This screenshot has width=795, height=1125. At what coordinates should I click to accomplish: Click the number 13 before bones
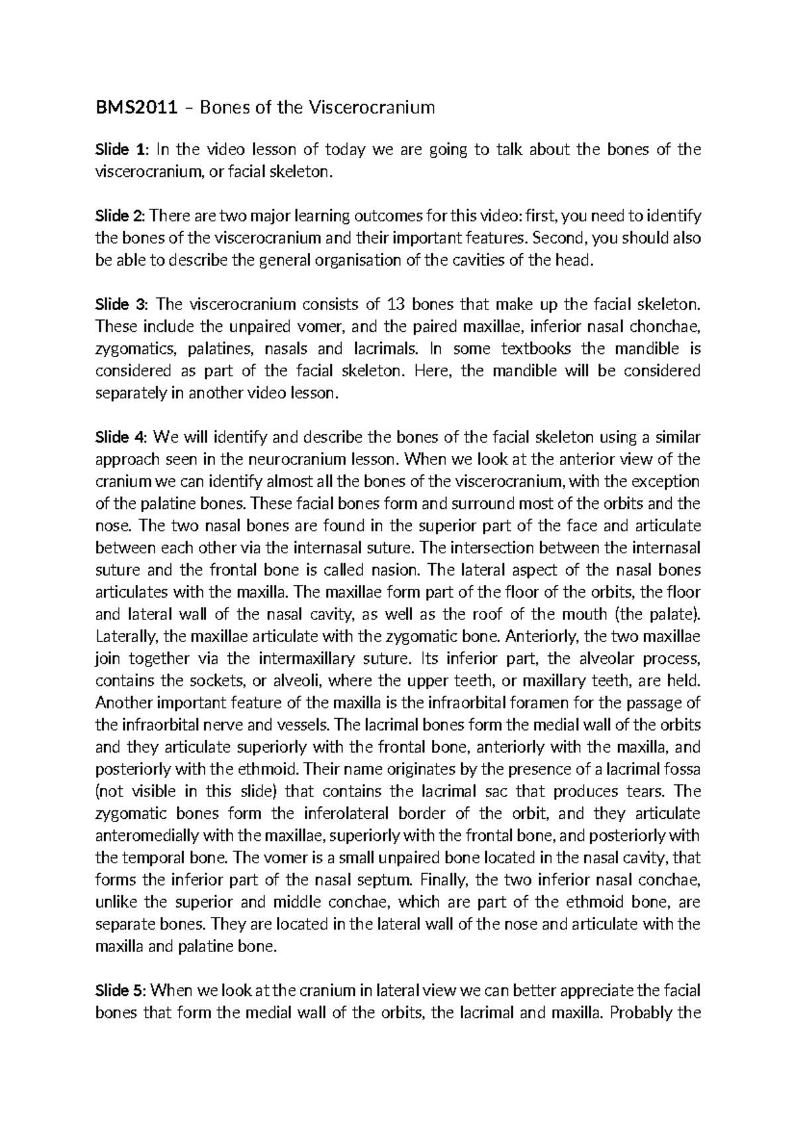[x=395, y=305]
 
